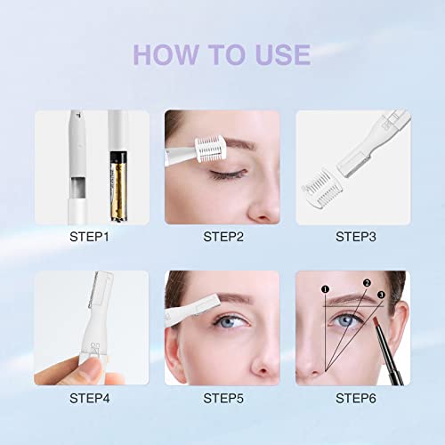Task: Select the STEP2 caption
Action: (222, 237)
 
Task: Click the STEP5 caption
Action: (222, 398)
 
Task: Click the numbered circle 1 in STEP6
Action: (325, 288)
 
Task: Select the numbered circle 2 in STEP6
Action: (365, 282)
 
